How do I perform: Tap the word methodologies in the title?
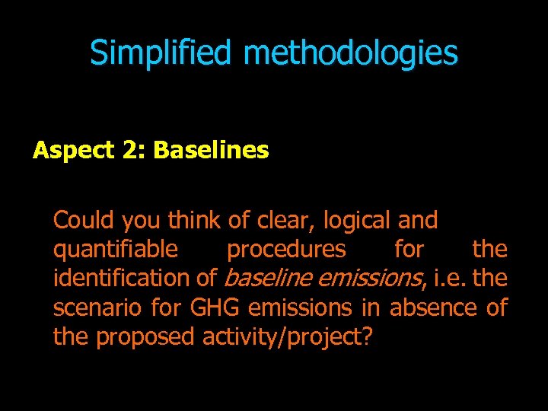[351, 53]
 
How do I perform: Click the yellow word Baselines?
[211, 151]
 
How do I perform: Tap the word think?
[193, 221]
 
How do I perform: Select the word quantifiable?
[116, 250]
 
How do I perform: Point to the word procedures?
[286, 250]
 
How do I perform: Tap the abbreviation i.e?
[450, 279]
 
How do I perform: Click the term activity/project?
[282, 336]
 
